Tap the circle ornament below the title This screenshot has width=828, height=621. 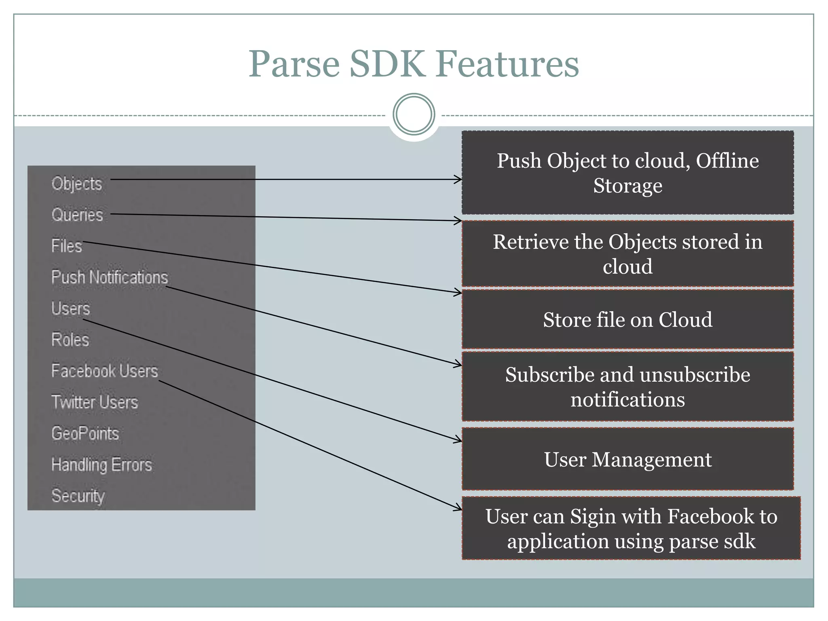point(414,114)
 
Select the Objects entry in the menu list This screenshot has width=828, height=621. point(77,184)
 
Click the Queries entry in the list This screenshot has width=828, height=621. point(77,215)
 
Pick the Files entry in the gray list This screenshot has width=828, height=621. point(67,246)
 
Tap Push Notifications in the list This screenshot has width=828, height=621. point(110,277)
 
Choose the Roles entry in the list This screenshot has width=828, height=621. point(70,340)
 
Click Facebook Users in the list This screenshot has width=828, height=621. point(105,371)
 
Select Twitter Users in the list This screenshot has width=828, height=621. point(95,402)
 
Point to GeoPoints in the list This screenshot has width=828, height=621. point(85,433)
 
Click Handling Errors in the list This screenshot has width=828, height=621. point(102,465)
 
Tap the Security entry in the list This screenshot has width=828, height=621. point(78,496)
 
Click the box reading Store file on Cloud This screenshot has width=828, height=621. point(627,319)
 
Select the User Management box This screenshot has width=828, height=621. point(627,460)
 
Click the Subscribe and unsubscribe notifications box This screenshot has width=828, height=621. point(627,387)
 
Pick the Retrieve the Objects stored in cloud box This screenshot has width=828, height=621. point(627,254)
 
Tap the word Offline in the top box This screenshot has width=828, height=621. point(727,161)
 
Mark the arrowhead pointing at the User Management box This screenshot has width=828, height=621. point(458,439)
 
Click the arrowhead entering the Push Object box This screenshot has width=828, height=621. point(458,180)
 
